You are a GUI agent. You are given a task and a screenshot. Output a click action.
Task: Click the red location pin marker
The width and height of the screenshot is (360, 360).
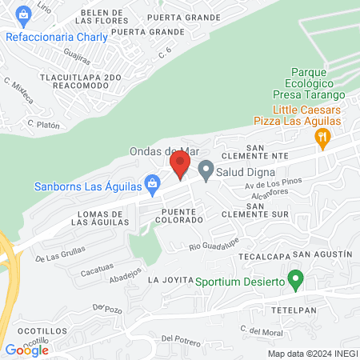[179, 164]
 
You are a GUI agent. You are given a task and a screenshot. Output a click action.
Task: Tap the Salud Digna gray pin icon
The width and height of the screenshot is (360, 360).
[206, 170]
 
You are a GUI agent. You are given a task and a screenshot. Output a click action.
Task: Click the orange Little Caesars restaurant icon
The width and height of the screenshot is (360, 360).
[322, 137]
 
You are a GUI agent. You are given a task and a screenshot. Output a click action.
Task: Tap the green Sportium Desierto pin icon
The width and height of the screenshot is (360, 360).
[295, 281]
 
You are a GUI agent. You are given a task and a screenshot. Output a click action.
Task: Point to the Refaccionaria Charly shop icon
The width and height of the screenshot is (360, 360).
[23, 15]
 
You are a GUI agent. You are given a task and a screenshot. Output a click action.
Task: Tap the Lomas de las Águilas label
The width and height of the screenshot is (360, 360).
[100, 218]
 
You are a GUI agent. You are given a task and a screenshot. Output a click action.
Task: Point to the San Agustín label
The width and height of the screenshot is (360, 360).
[322, 254]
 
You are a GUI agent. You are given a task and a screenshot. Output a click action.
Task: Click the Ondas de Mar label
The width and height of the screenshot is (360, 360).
[163, 151]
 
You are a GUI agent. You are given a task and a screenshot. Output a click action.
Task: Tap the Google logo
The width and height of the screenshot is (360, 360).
[26, 350]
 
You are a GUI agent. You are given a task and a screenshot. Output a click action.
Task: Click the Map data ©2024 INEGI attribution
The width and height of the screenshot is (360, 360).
[311, 353]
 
